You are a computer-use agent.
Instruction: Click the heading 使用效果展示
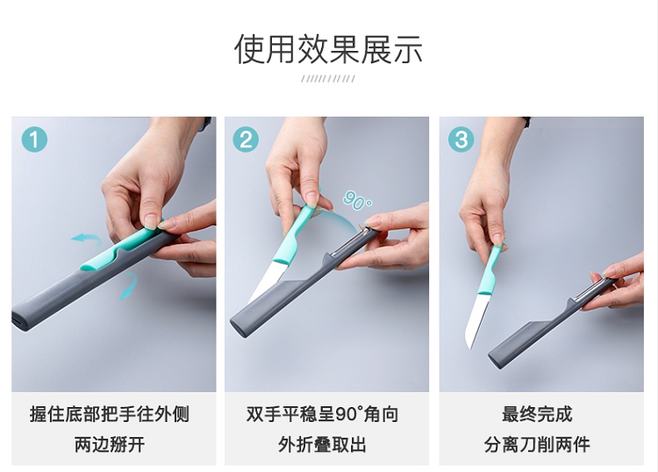(328, 49)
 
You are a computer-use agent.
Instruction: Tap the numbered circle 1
(34, 139)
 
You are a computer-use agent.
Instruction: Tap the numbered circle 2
(246, 139)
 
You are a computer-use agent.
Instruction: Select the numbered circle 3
(461, 139)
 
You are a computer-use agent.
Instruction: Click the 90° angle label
(357, 200)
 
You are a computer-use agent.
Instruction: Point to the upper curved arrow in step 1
(87, 240)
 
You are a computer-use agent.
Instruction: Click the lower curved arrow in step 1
(129, 285)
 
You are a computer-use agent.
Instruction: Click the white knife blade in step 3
(478, 319)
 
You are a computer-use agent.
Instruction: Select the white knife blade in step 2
(268, 280)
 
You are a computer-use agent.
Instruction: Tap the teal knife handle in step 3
(490, 269)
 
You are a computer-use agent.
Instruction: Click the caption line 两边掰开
(110, 445)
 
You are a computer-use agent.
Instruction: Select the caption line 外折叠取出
(322, 445)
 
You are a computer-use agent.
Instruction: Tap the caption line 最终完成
(537, 414)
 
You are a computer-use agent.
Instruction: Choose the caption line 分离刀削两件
(537, 445)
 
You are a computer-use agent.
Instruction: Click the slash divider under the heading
(328, 78)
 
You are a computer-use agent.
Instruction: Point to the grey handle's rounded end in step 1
(20, 319)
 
